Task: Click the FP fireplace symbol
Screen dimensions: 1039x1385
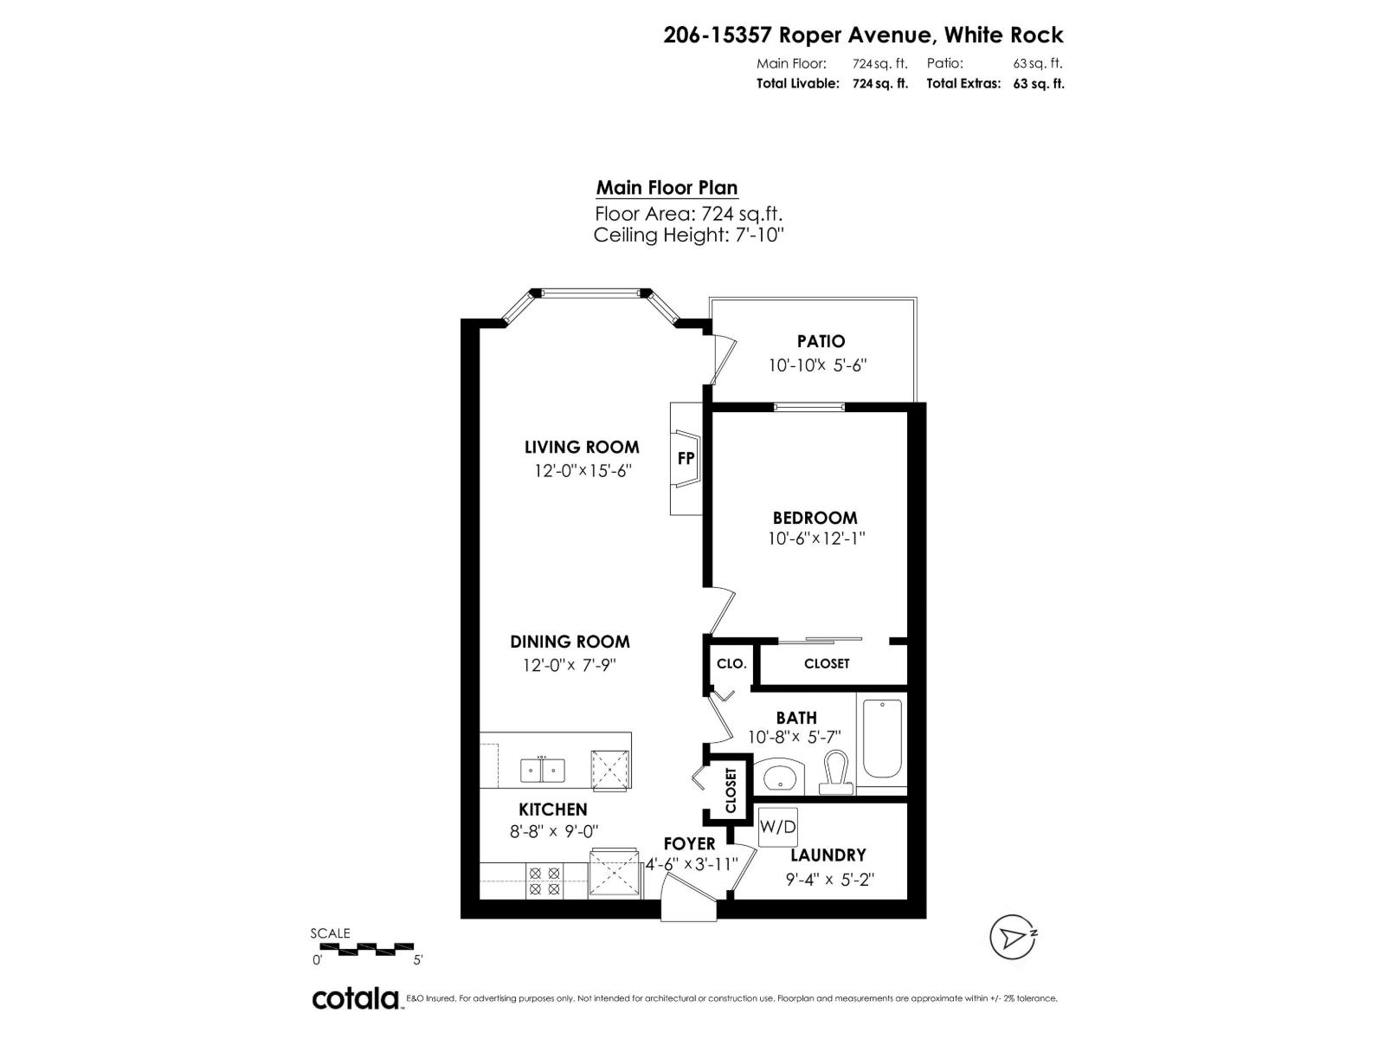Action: click(686, 459)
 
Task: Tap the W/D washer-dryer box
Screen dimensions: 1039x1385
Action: click(777, 827)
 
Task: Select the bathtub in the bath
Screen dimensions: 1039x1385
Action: click(882, 740)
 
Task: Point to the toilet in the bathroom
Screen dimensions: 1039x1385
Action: click(835, 771)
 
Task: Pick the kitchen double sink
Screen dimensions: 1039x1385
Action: click(543, 770)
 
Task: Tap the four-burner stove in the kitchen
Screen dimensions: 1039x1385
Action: click(545, 881)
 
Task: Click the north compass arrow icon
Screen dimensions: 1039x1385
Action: click(1013, 937)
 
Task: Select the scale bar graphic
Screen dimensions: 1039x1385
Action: click(367, 949)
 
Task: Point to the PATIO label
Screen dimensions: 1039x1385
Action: click(821, 341)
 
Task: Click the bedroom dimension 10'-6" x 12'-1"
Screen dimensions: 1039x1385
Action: click(816, 539)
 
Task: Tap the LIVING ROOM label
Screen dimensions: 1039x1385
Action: click(582, 447)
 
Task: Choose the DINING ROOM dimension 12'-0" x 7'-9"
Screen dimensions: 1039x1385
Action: click(569, 665)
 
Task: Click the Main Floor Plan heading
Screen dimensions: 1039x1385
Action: click(667, 188)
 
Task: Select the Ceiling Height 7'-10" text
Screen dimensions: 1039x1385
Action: click(688, 235)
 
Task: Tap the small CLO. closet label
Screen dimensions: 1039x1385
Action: click(731, 663)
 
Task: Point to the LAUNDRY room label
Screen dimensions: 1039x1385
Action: click(828, 855)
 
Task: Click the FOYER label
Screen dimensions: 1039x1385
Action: click(689, 843)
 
